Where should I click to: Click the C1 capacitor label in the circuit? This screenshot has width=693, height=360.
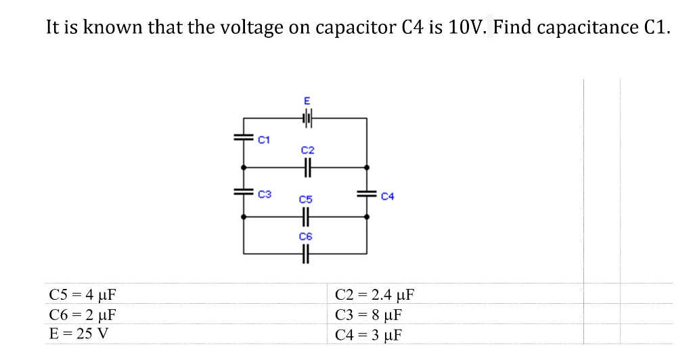(x=264, y=140)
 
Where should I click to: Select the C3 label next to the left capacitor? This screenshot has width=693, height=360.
(x=264, y=195)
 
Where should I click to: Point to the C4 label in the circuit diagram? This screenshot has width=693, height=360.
(x=387, y=197)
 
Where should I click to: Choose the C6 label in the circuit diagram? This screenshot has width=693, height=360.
(x=306, y=236)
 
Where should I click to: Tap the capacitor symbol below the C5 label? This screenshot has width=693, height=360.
(x=306, y=217)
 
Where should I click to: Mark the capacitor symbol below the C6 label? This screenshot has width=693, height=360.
(x=306, y=254)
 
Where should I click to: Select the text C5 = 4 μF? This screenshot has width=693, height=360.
(x=83, y=295)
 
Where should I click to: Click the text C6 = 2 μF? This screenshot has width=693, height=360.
(x=83, y=315)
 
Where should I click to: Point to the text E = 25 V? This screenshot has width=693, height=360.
(x=79, y=334)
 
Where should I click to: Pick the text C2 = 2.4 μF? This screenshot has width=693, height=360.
(x=374, y=295)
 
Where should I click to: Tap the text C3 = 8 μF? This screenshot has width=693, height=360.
(x=369, y=315)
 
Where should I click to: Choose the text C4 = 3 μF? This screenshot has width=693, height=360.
(x=369, y=334)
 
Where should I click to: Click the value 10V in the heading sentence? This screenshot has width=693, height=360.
(x=468, y=28)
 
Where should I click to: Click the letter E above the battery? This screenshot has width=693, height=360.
(x=307, y=101)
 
